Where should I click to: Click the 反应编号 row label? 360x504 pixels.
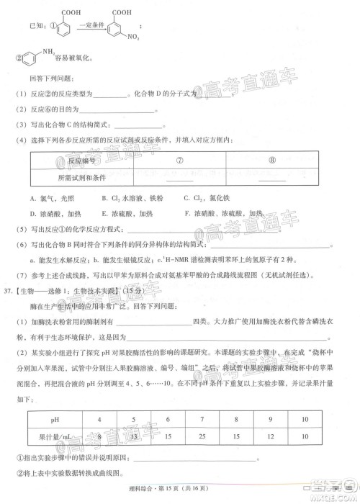tap(81, 159)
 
